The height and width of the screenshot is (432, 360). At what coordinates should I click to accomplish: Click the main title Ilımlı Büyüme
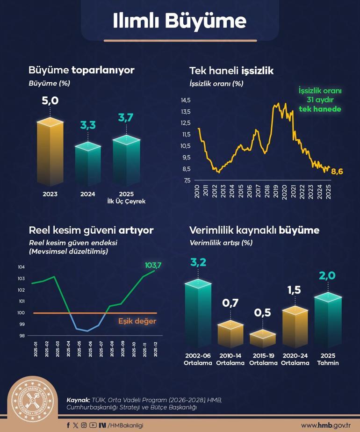(x=180, y=21)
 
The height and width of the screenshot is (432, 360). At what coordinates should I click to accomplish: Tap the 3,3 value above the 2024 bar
(x=88, y=125)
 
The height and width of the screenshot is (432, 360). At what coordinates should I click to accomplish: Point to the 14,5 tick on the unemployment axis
(x=186, y=101)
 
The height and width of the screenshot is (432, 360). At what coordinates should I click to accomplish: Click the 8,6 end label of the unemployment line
(x=337, y=172)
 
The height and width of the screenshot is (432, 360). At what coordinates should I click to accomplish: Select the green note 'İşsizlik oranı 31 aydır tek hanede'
(x=320, y=100)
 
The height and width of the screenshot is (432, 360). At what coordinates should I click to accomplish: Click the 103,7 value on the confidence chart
(x=153, y=265)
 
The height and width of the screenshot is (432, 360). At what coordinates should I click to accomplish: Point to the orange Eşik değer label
(x=137, y=321)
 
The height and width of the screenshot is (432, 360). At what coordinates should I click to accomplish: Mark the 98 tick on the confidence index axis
(x=22, y=336)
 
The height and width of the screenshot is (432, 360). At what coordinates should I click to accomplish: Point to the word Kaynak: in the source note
(x=78, y=400)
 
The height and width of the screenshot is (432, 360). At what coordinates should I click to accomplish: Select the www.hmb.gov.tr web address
(x=325, y=425)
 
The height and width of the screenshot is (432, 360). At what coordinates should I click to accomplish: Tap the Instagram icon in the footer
(x=84, y=425)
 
